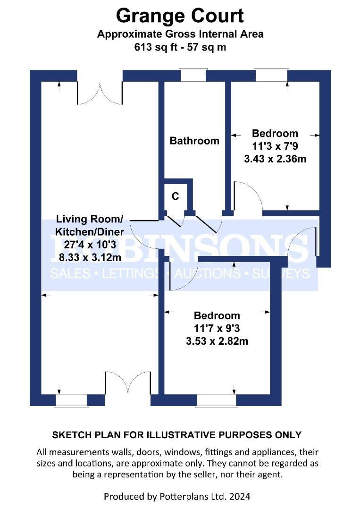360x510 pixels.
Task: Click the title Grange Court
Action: (180, 16)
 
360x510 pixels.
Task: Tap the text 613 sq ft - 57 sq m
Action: (180, 47)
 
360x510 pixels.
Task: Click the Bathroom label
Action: (194, 141)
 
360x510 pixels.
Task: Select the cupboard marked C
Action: (175, 197)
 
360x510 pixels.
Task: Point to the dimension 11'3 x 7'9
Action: (275, 146)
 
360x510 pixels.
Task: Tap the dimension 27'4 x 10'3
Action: (89, 245)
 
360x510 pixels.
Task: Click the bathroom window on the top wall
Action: (193, 75)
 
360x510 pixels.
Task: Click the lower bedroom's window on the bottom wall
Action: (216, 400)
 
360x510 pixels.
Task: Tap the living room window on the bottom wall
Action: (72, 400)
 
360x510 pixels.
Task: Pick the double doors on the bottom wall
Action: (128, 382)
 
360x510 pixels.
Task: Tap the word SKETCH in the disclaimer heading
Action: (72, 435)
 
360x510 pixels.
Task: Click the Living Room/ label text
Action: (89, 219)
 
